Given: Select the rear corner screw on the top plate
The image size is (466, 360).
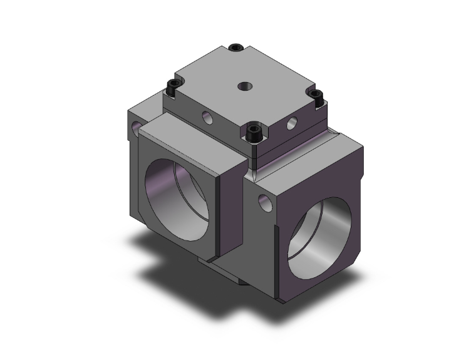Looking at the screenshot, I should click(x=236, y=48).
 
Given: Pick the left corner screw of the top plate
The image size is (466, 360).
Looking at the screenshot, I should click(x=170, y=88).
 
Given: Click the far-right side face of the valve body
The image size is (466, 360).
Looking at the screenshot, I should click(x=362, y=207).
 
